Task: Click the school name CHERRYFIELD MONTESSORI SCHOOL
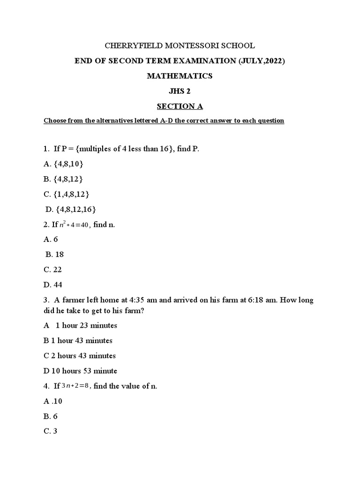(x=180, y=45)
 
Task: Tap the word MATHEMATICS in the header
(x=180, y=76)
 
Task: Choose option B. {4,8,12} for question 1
(x=64, y=179)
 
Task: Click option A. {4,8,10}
(x=64, y=164)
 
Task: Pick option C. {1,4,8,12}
(x=67, y=194)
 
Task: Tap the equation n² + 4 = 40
(x=74, y=225)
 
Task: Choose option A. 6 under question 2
(x=51, y=239)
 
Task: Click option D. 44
(x=52, y=285)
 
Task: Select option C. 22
(x=52, y=270)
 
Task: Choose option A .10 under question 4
(x=53, y=401)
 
